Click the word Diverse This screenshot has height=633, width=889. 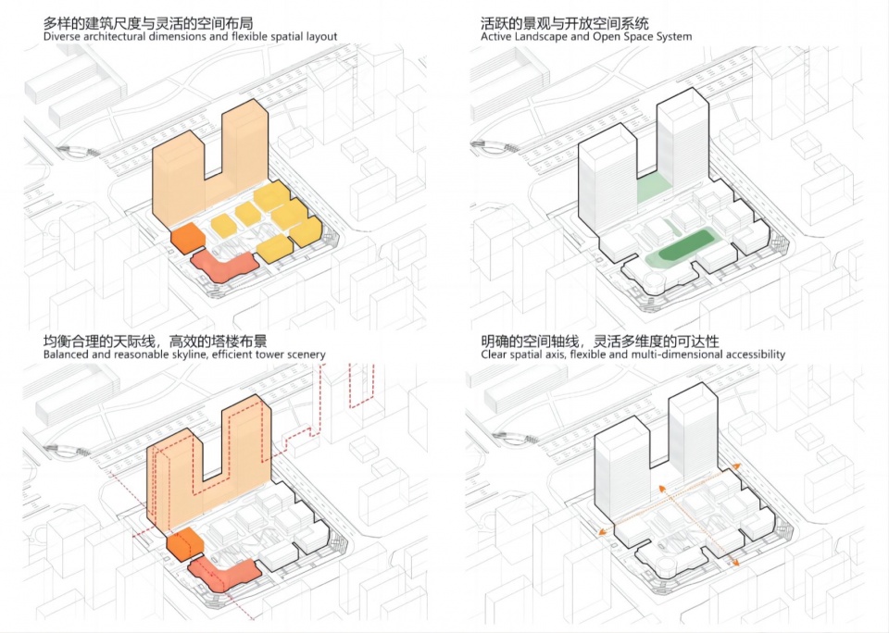tap(61, 37)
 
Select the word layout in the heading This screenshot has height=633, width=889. tap(321, 37)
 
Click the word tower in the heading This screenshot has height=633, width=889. tap(269, 354)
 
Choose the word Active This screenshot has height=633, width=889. tap(495, 37)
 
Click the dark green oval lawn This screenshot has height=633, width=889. tap(686, 246)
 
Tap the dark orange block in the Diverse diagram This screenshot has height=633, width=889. tap(188, 238)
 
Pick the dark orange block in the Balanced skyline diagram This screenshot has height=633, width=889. tap(185, 544)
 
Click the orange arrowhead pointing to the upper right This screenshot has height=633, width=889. tap(736, 465)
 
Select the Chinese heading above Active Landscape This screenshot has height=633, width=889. tap(565, 23)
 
